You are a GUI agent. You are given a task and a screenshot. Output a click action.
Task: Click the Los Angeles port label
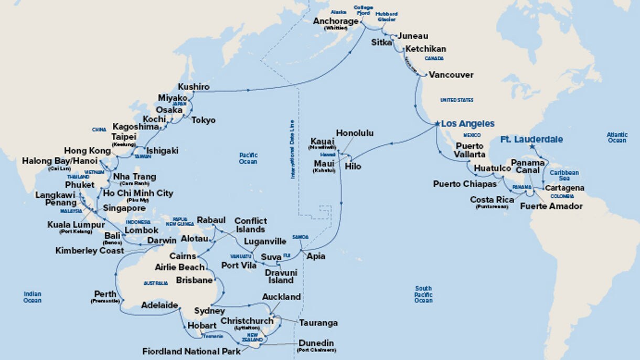tap(467, 124)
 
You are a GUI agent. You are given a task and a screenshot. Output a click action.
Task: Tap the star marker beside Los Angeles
tap(436, 124)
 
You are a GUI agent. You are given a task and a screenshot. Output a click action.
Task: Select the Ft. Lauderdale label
tap(531, 140)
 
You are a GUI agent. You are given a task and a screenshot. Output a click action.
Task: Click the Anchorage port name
tap(336, 22)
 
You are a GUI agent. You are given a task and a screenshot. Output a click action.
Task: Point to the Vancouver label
tap(451, 75)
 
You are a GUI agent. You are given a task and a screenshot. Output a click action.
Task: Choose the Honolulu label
tap(355, 133)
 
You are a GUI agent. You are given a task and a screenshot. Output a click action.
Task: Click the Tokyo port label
tap(203, 120)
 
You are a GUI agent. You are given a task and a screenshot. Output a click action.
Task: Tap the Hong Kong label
tap(87, 151)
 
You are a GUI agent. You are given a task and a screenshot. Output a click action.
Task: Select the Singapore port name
tap(124, 208)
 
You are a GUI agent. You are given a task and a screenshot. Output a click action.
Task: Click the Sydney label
tap(209, 311)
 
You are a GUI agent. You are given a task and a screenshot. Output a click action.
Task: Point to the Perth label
tap(105, 294)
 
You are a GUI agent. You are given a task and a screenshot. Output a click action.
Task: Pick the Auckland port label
tap(281, 297)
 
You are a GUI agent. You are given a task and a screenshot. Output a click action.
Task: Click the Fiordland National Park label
tap(191, 351)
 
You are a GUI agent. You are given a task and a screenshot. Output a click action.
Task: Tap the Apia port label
tap(316, 257)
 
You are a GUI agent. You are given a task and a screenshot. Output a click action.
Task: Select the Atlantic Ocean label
tap(617, 137)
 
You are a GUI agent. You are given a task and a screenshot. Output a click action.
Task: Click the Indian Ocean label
tap(32, 297)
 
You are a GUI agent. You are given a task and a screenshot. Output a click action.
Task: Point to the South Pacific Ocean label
tap(423, 294)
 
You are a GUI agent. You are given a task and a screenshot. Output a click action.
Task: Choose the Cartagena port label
tap(564, 188)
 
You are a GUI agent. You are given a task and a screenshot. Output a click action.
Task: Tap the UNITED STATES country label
tap(456, 100)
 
